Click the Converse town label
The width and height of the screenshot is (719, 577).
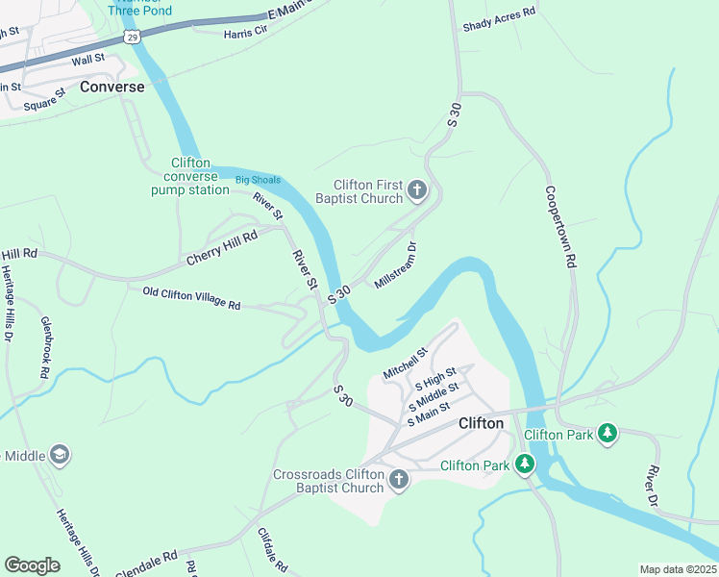pos(112,87)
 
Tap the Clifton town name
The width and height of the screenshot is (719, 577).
pos(481,423)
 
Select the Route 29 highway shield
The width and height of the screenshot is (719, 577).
pos(132,37)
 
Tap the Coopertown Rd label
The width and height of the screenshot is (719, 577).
pos(559,226)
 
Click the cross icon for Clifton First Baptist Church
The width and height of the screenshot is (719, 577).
pos(417,190)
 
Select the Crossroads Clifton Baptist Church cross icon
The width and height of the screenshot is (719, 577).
pos(398,480)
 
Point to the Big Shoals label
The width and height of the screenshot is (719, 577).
pos(258,179)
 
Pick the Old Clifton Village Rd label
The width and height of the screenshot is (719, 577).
pos(191,298)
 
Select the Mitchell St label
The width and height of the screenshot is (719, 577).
pos(404,363)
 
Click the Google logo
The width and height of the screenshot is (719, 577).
pos(33,565)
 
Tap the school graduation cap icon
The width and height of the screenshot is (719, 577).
pos(59,454)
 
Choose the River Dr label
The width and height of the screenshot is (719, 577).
pos(652,486)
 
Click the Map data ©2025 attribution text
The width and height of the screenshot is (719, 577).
pos(678,569)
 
